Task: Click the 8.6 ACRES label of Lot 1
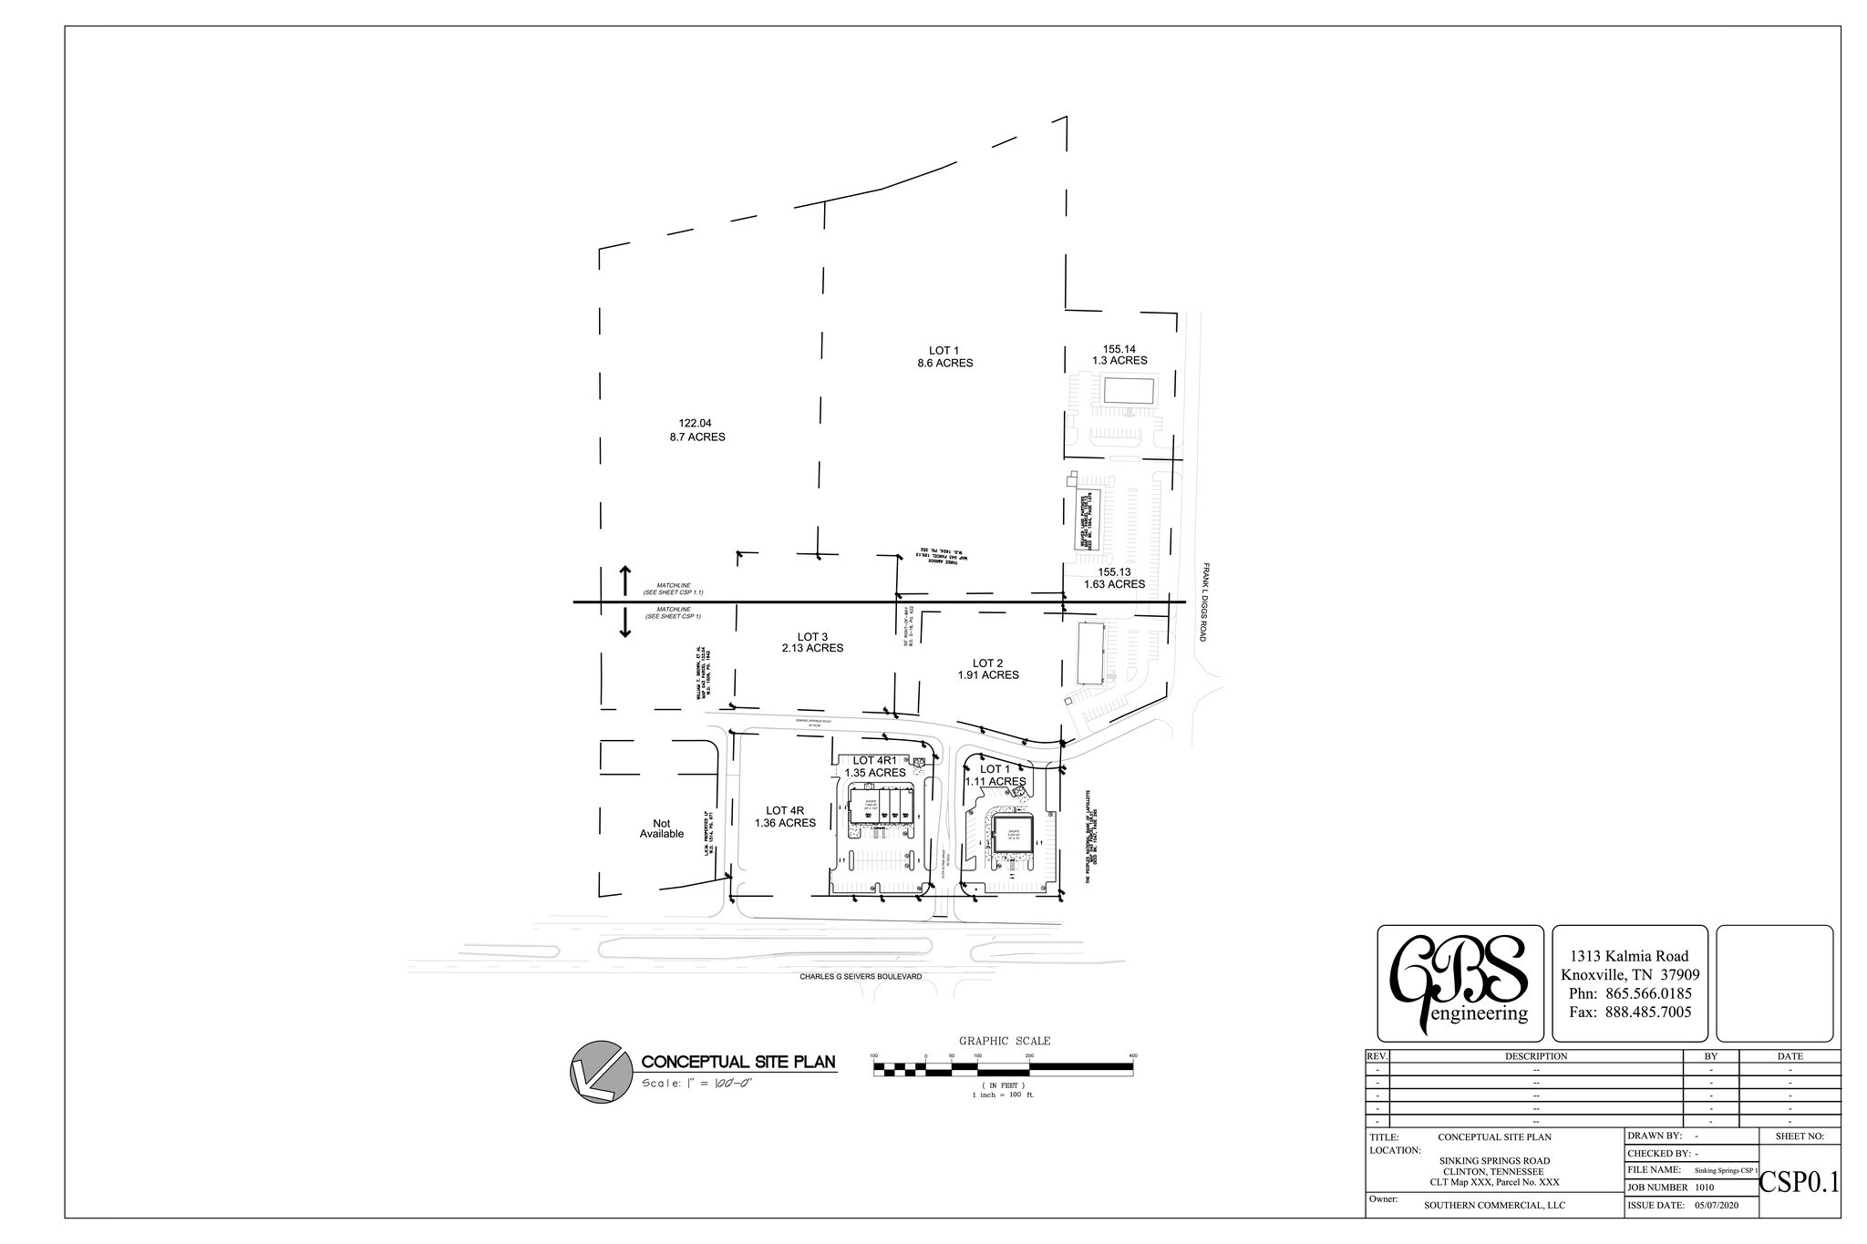[x=944, y=363]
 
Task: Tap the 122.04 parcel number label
[x=695, y=423]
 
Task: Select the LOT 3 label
[x=811, y=636]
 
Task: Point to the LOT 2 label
[x=987, y=663]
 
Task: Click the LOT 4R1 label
[x=875, y=760]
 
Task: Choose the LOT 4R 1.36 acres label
[x=785, y=817]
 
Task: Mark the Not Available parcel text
[x=661, y=828]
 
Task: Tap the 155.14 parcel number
[x=1119, y=348]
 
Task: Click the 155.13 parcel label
[x=1114, y=571]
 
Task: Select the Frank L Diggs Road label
[x=1204, y=601]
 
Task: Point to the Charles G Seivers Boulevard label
[x=861, y=976]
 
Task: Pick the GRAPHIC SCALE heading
[x=1004, y=1041]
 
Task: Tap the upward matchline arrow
[x=625, y=580]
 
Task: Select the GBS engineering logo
[x=1460, y=983]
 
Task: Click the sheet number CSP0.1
[x=1799, y=1183]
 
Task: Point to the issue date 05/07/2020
[x=1717, y=1205]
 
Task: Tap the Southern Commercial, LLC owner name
[x=1494, y=1205]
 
